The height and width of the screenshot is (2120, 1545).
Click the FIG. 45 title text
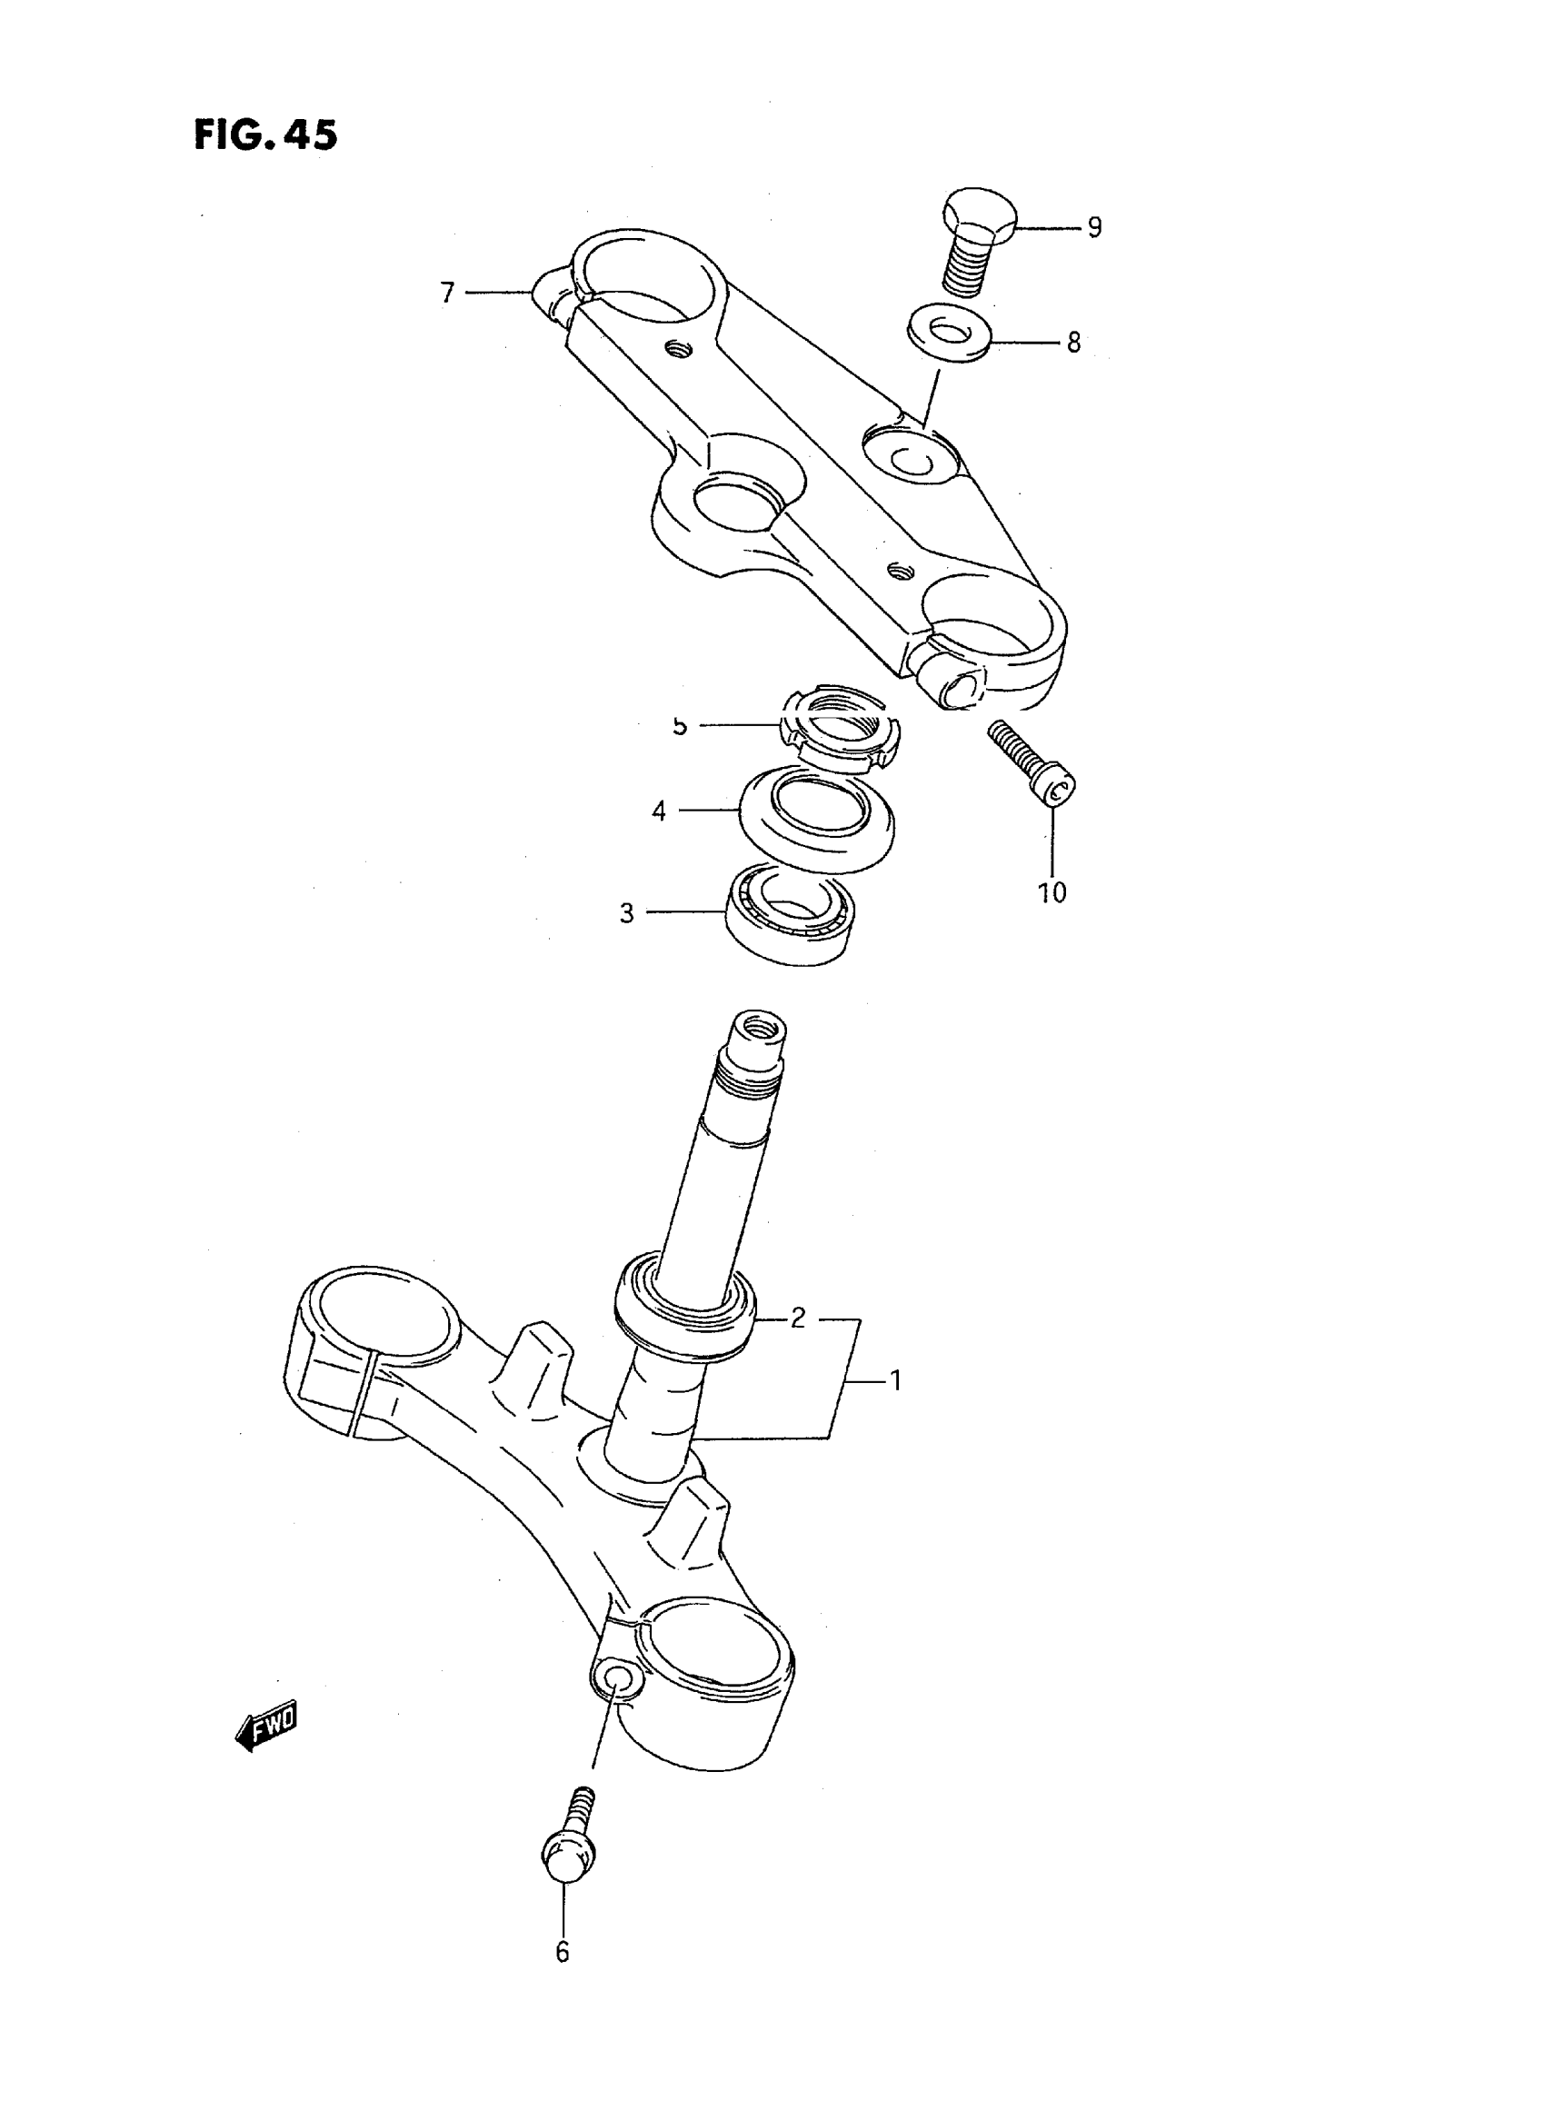point(264,135)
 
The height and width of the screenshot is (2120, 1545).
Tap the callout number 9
point(1093,227)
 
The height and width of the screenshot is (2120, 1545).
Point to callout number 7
point(447,294)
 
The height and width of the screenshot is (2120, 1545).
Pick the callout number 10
point(1052,892)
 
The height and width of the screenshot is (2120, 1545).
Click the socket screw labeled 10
point(1032,764)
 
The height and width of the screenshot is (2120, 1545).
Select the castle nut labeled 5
point(839,728)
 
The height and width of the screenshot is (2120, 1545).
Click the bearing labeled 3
point(792,913)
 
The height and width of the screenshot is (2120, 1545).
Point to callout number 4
point(659,811)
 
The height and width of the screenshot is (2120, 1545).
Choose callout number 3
point(626,913)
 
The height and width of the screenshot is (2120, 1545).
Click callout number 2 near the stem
point(797,1319)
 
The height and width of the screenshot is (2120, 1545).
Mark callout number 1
point(894,1379)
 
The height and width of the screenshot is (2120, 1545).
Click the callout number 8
point(1073,343)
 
